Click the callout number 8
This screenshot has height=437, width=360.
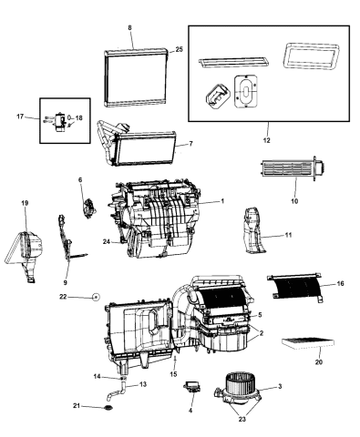129,28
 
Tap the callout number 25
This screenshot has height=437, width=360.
180,48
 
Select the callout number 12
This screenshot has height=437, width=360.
266,139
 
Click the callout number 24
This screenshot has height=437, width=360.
108,241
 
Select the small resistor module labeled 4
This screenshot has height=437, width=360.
194,388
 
